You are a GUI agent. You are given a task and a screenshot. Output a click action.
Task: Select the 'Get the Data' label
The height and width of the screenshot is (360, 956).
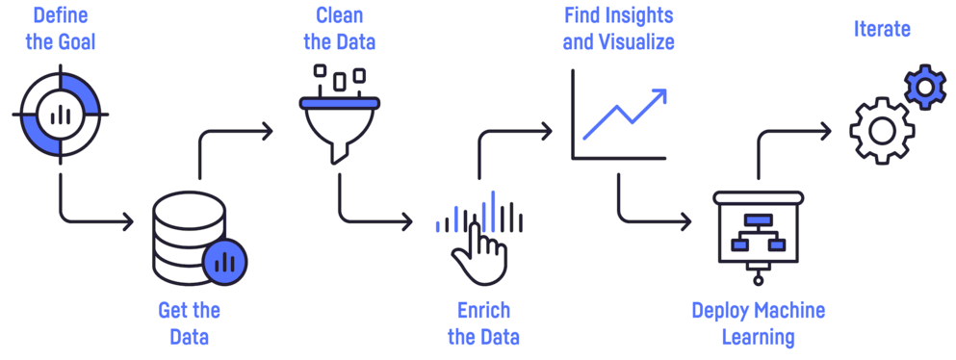(189, 323)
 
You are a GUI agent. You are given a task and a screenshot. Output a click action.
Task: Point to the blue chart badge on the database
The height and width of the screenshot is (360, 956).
(225, 260)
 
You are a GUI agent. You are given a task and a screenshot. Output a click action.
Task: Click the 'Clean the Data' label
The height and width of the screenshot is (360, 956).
(339, 29)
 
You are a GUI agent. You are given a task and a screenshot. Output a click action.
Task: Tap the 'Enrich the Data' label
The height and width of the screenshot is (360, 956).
(483, 323)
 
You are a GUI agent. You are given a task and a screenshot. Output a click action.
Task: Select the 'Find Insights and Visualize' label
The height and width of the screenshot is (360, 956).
(617, 29)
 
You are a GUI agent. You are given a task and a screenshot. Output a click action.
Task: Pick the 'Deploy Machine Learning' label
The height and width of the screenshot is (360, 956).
(759, 323)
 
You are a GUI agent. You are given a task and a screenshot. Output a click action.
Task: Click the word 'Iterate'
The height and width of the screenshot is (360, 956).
(881, 29)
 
